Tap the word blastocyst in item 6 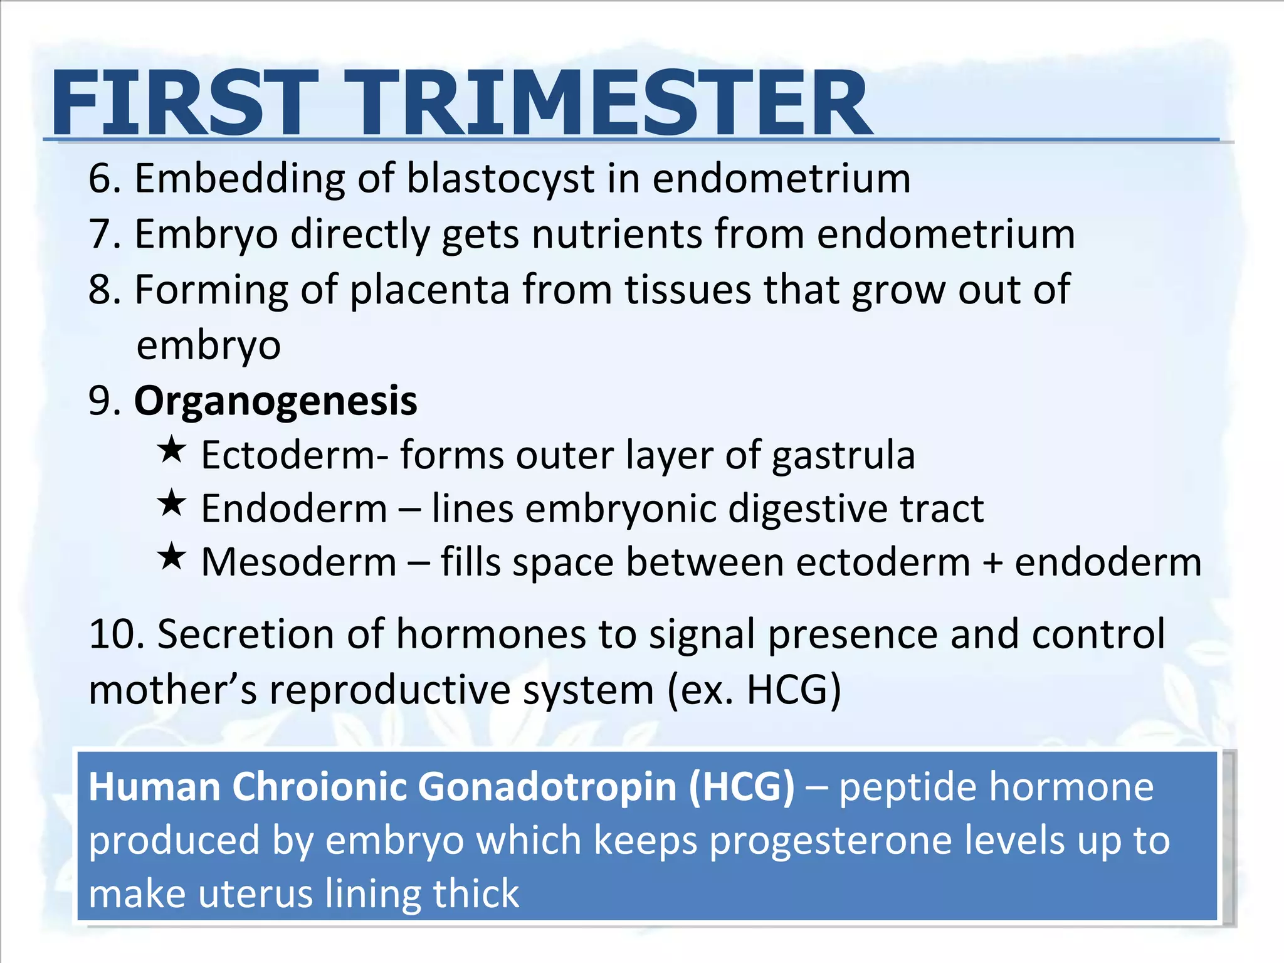coord(500,179)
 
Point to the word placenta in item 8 coord(429,290)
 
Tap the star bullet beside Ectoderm coord(171,450)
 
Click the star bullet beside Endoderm coord(171,503)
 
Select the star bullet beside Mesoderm coord(171,557)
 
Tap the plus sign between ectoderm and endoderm coord(992,562)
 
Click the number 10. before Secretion coord(117,634)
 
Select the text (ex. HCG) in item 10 coord(754,690)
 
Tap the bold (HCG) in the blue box coord(741,787)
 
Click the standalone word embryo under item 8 coord(208,345)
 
